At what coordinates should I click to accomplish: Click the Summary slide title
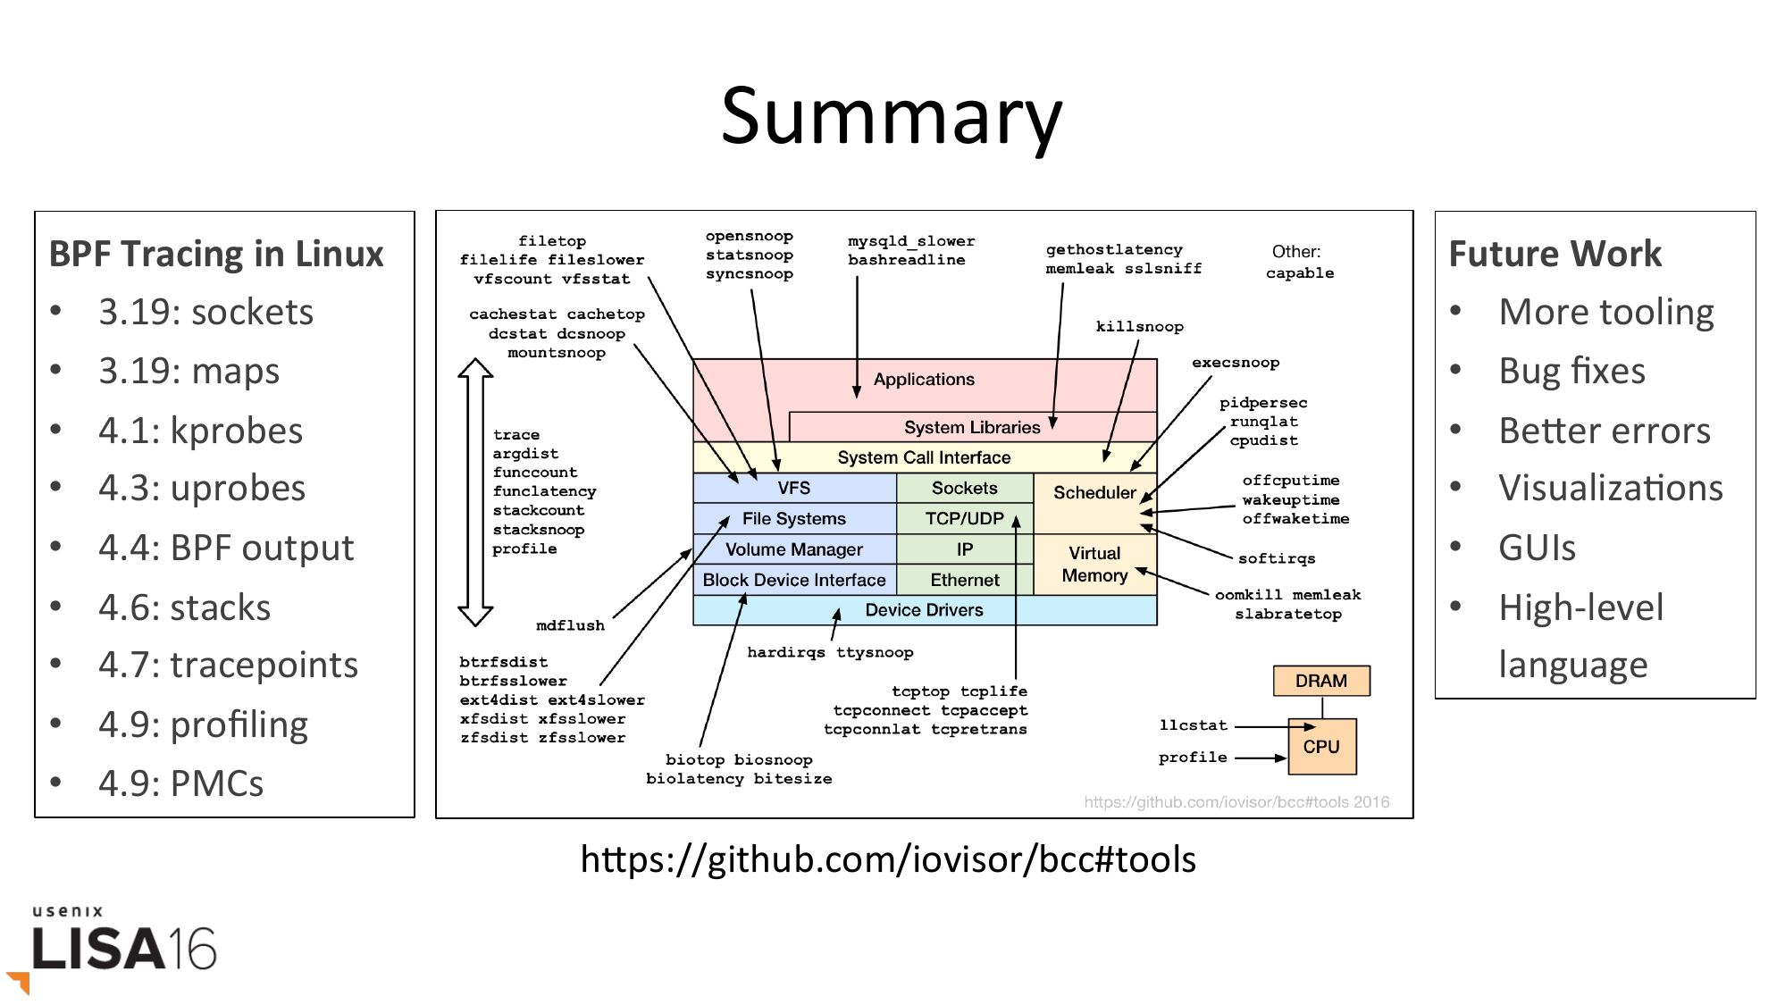pyautogui.click(x=892, y=116)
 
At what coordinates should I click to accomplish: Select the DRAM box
pyautogui.click(x=1320, y=681)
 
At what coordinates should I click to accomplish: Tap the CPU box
pyautogui.click(x=1321, y=746)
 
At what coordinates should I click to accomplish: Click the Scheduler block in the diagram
pyautogui.click(x=1094, y=493)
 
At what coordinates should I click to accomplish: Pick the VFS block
pyautogui.click(x=793, y=488)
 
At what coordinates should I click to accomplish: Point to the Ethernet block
pyautogui.click(x=964, y=580)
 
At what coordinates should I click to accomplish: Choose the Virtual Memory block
pyautogui.click(x=1094, y=565)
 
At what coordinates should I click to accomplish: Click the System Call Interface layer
pyautogui.click(x=924, y=457)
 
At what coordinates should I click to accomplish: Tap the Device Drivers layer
pyautogui.click(x=924, y=610)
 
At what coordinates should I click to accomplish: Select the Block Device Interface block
pyautogui.click(x=793, y=580)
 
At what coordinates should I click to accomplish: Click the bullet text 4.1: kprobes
pyautogui.click(x=200, y=431)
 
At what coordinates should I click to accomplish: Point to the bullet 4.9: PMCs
pyautogui.click(x=180, y=783)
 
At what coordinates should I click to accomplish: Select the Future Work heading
pyautogui.click(x=1555, y=254)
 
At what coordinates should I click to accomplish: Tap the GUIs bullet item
pyautogui.click(x=1537, y=548)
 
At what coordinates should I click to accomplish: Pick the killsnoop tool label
pyautogui.click(x=1139, y=327)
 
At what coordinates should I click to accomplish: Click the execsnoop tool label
pyautogui.click(x=1235, y=363)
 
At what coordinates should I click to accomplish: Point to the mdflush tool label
pyautogui.click(x=570, y=625)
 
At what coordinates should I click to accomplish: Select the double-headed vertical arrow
pyautogui.click(x=475, y=491)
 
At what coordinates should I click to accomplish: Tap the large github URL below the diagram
pyautogui.click(x=888, y=859)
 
